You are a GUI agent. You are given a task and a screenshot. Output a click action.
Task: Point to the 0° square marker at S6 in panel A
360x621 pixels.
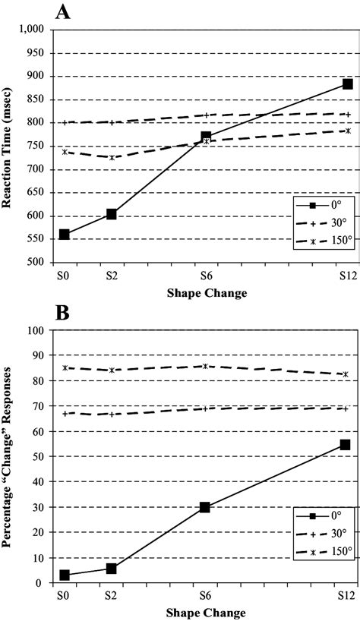206,137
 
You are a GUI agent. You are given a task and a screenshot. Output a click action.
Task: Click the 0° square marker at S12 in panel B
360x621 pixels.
345,445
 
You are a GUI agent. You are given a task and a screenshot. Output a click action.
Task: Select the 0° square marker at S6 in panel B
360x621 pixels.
205,507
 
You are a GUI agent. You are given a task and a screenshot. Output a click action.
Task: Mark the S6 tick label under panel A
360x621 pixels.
206,273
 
